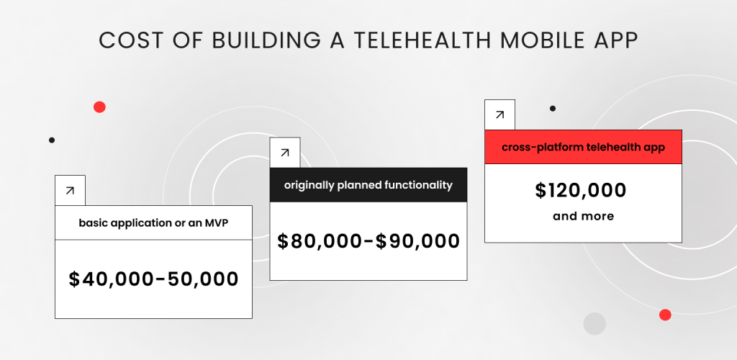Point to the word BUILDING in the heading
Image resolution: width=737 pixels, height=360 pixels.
[x=266, y=41]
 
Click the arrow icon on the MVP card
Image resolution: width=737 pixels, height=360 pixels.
[x=70, y=190]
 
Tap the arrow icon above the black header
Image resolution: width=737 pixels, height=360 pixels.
[x=285, y=152]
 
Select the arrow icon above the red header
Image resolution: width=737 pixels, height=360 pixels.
[x=499, y=114]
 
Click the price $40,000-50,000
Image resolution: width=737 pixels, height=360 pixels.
[x=154, y=279]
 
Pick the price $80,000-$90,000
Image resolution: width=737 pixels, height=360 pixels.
[x=368, y=241]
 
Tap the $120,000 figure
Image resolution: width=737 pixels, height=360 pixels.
[x=581, y=190]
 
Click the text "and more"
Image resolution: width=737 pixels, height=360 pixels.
[x=583, y=216]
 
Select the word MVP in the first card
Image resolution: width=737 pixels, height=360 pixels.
[x=216, y=222]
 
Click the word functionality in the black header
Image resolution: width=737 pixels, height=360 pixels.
[x=418, y=185]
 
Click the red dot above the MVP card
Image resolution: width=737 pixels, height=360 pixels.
[x=99, y=107]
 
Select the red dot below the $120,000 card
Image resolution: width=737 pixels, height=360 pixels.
[x=665, y=315]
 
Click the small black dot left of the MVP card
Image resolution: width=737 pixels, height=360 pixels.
[x=52, y=140]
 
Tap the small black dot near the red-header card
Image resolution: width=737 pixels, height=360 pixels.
[x=553, y=109]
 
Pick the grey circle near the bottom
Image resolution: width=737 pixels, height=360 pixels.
[x=594, y=324]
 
